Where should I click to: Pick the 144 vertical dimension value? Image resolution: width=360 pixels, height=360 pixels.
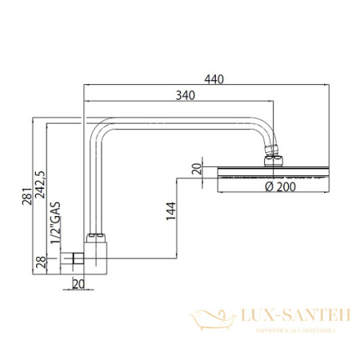170,214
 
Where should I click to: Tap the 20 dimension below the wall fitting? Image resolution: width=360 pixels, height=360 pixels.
78,281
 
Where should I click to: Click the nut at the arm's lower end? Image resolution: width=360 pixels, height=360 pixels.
94,238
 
